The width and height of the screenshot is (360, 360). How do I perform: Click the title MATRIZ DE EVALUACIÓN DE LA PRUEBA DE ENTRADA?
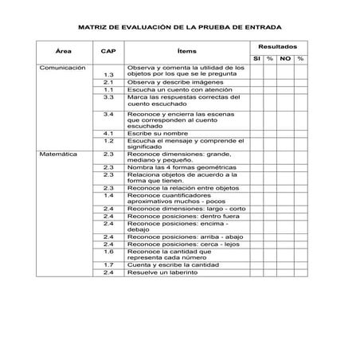[x=179, y=26]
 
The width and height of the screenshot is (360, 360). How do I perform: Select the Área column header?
[x=65, y=50]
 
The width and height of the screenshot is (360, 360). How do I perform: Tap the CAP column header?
[x=108, y=50]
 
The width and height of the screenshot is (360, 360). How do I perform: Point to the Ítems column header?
[x=187, y=50]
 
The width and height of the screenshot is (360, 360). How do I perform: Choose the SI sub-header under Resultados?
[x=257, y=59]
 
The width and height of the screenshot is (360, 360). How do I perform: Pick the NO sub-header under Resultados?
[x=285, y=59]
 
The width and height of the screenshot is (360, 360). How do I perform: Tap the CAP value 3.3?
[x=109, y=97]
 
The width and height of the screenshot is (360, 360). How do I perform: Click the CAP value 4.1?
[x=109, y=132]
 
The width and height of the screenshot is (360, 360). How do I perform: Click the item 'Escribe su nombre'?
[x=158, y=132]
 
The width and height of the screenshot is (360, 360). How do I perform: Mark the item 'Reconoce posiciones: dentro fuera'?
[x=183, y=217]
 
